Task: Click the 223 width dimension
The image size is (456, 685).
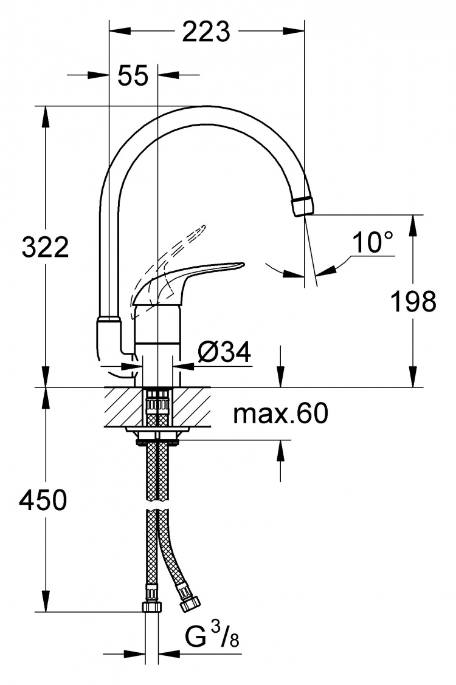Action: coord(206,32)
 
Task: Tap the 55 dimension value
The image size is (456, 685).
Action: coord(133,75)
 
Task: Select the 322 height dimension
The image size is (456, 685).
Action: coord(45,247)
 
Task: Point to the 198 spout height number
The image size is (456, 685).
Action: coord(413,301)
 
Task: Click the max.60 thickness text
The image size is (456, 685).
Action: coord(280,414)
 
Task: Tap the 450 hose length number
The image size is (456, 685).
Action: coord(43,500)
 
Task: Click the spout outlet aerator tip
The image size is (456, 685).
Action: coord(302,206)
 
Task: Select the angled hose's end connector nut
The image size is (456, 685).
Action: coord(189,603)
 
